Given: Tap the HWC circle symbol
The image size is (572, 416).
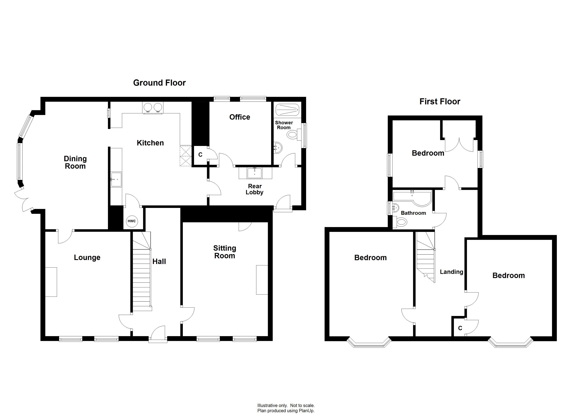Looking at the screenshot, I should click(131, 221).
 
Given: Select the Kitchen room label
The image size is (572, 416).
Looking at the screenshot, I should click(150, 143).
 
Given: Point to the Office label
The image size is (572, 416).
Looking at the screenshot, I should click(240, 117).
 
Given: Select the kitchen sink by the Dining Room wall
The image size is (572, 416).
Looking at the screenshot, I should click(116, 179).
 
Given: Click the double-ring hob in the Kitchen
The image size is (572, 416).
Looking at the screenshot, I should click(153, 107).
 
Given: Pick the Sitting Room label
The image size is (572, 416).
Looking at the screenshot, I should click(224, 252).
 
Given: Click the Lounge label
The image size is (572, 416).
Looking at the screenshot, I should click(87, 257).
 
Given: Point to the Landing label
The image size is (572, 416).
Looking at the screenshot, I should click(451, 272).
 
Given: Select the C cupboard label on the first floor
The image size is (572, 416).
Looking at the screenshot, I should click(460, 328).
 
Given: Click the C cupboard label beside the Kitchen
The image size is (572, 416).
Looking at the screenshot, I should click(200, 155).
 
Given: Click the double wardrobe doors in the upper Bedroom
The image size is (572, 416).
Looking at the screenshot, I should click(459, 145).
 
